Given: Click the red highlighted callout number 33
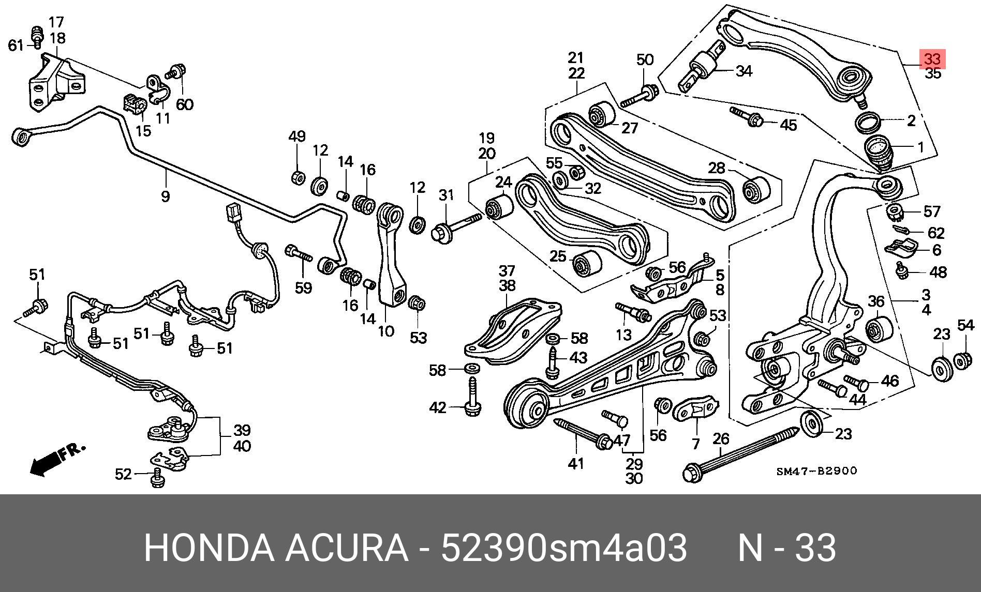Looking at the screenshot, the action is tap(932, 59).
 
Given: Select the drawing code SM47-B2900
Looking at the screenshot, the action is tap(816, 471).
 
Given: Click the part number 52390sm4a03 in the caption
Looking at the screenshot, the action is tap(563, 549).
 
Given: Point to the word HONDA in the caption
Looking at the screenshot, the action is tap(209, 549).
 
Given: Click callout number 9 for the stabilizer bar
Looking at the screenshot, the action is tap(165, 196).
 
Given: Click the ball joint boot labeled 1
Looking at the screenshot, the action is tap(879, 150).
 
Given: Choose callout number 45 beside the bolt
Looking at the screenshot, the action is tap(788, 125).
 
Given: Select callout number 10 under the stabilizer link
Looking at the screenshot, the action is tap(386, 331).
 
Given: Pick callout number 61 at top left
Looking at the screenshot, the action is tap(16, 45).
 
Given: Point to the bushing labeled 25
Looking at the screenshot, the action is tap(586, 264).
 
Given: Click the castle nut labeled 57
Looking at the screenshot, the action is tap(895, 211).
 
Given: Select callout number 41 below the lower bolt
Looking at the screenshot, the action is tap(576, 464).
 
